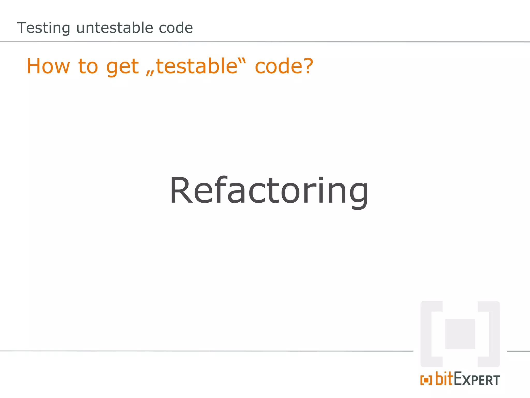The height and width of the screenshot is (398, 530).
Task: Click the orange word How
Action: coord(48,66)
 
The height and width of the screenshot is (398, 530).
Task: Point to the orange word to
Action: coord(88,66)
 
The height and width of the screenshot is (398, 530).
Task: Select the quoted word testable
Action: coord(197,66)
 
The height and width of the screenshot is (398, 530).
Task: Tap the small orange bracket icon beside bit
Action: coord(426,380)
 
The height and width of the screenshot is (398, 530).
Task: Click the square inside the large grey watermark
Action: coord(460,334)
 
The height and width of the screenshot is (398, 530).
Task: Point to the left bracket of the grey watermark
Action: coord(430,334)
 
